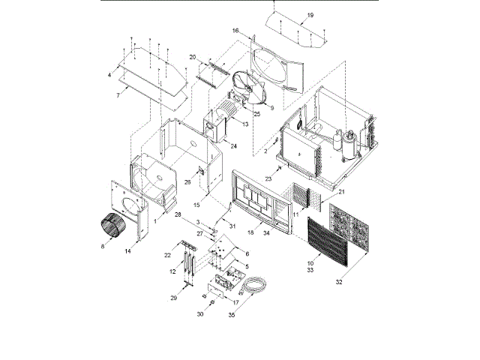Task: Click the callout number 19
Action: (x=310, y=15)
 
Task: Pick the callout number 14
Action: (x=128, y=251)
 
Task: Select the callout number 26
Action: (x=188, y=181)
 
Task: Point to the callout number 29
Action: (x=173, y=298)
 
